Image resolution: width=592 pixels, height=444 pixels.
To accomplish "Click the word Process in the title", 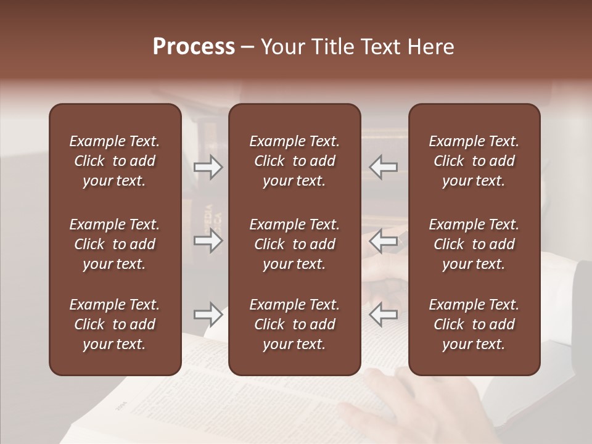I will pos(194,47).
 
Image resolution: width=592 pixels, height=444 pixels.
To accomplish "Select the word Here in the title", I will pos(430,47).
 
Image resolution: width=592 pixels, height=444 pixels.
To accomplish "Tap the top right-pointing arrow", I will pos(208,167).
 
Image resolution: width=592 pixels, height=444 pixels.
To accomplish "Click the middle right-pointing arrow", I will pos(208,240).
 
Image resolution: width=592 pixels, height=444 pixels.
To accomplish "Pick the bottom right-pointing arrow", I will pos(208,314).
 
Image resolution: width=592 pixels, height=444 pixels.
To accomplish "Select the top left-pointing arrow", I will pos(383,167).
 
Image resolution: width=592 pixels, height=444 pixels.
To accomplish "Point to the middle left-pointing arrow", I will pos(383,240).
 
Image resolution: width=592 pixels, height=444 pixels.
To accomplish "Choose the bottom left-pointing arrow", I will pos(383,314).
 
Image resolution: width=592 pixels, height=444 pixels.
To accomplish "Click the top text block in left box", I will pos(115,161).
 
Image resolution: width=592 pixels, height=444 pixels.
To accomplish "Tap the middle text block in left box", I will pos(115,244).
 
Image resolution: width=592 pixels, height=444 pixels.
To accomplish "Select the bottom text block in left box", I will pos(115,324).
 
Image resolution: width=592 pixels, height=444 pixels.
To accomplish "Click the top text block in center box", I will pos(294,161).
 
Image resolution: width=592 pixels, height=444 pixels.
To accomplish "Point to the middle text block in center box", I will pos(294,244).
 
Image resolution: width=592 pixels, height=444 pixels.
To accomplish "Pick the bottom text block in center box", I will pos(294,324).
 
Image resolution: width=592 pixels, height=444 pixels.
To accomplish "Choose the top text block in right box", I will pos(474,161).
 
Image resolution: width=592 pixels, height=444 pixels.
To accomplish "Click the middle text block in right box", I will pos(474,244).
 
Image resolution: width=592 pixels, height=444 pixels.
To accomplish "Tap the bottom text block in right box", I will pos(474,324).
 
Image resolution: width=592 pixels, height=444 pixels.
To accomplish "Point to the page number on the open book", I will pos(120,408).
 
